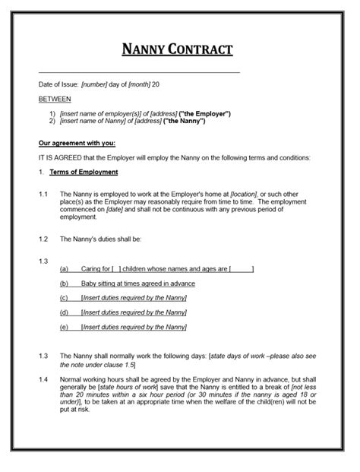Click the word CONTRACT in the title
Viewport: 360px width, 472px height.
point(201,51)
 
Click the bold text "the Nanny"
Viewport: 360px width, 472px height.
point(182,121)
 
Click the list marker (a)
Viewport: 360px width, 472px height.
point(65,268)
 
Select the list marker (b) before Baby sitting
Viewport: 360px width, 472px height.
point(65,283)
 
